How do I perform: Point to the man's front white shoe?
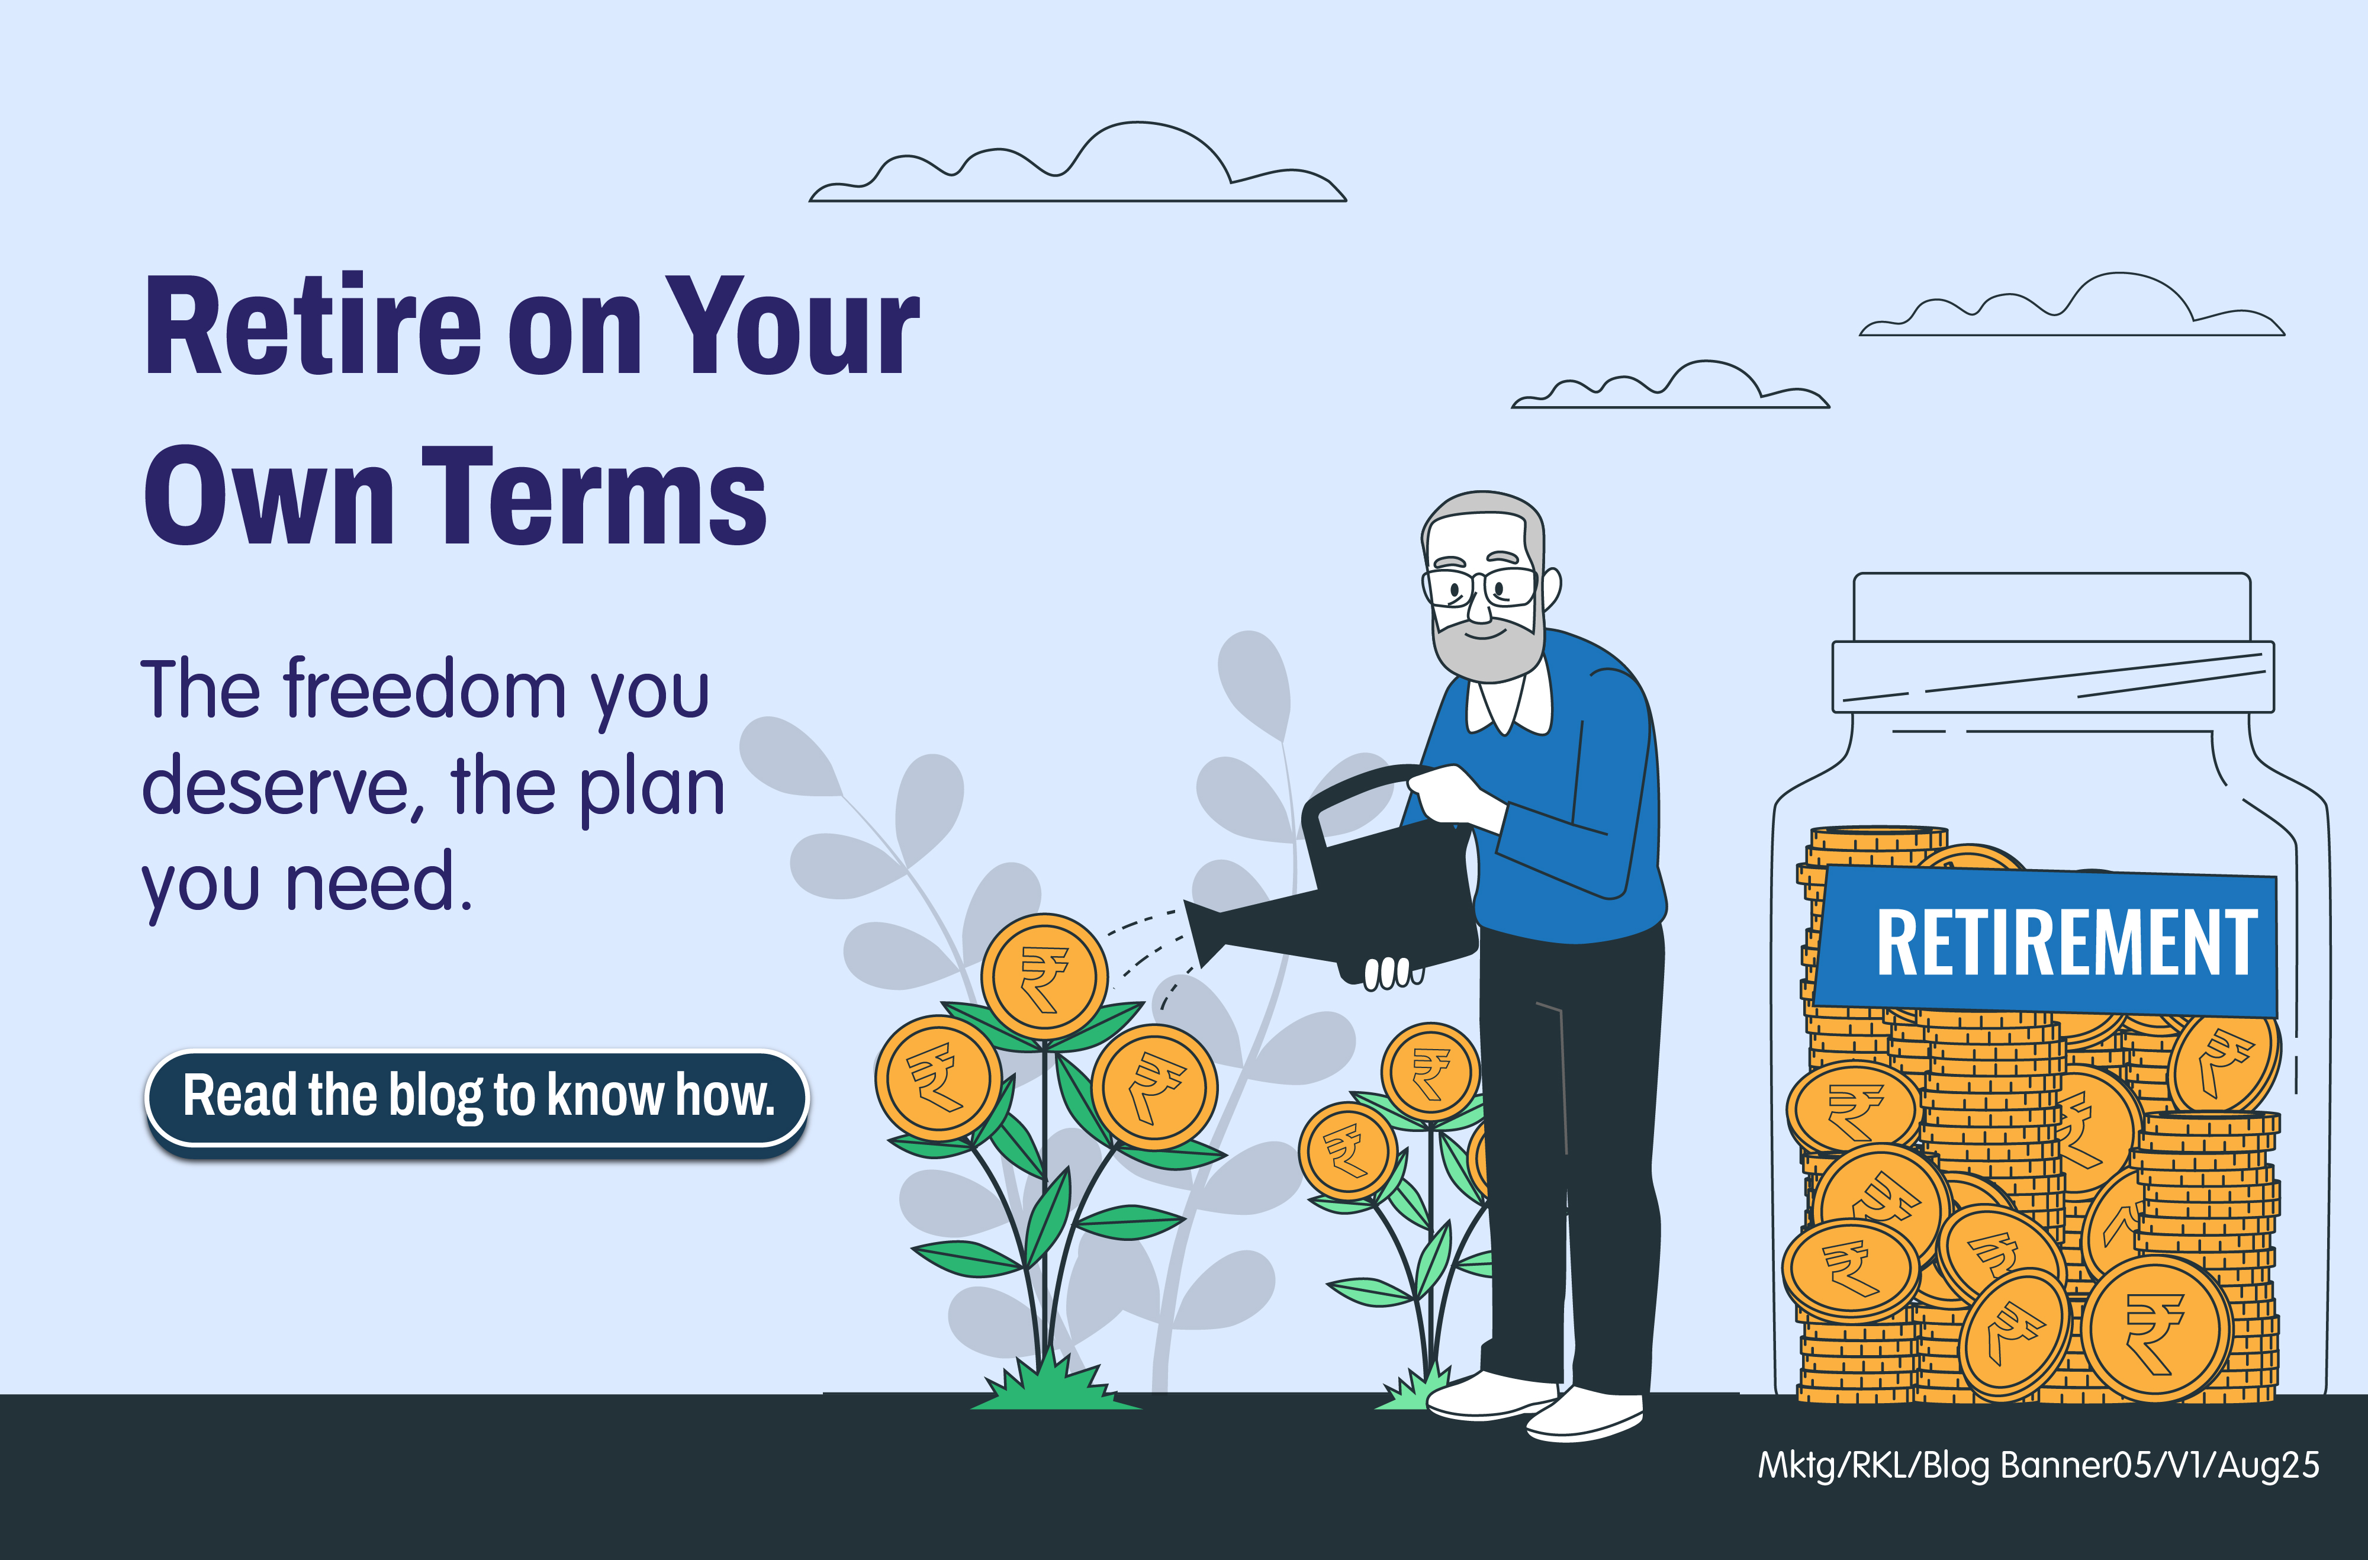tap(1584, 1413)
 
